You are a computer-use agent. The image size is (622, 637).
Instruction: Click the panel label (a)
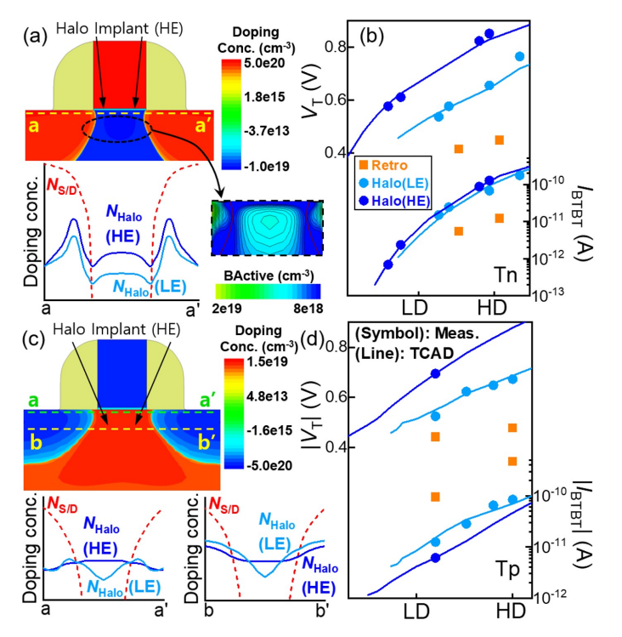click(15, 14)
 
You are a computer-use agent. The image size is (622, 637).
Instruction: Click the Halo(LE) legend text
click(399, 182)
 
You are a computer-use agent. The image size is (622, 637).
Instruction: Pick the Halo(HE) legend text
click(399, 201)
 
